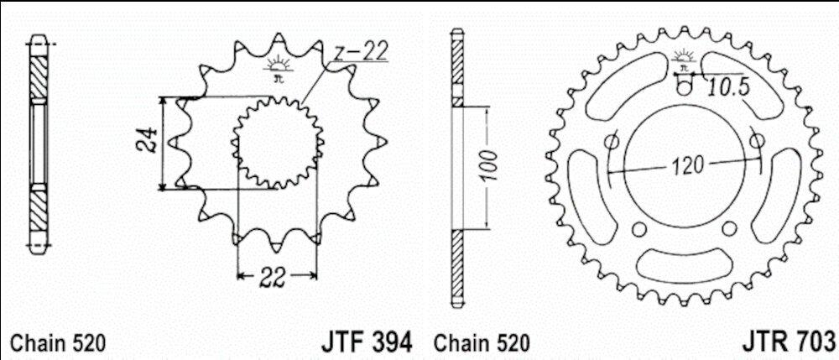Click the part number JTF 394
point(367,342)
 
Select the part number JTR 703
point(789,342)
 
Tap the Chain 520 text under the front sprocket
point(59,343)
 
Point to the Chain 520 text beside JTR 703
point(482,343)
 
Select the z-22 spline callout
point(358,54)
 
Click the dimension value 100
point(489,167)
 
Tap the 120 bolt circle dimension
point(688,166)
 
